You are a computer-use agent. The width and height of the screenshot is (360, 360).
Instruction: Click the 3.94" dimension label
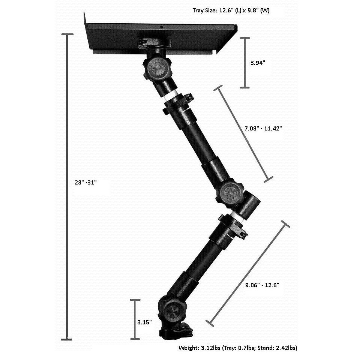coord(258,63)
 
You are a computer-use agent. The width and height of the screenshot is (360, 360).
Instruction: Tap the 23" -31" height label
coord(85,182)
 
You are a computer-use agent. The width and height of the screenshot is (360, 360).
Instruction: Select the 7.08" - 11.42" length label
coord(263,128)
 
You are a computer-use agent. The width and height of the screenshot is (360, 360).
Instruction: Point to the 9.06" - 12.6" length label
coord(262,285)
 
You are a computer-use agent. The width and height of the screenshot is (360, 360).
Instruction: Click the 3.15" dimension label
coord(145,322)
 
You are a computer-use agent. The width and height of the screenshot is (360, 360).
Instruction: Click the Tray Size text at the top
coord(231,10)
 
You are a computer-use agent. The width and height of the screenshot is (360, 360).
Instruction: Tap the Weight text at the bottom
coord(238,348)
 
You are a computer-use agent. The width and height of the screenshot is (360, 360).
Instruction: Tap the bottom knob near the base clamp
coord(172,312)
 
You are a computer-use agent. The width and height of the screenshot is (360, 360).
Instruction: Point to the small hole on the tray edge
coord(161,27)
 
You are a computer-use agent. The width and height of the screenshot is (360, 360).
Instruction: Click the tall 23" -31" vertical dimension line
coord(67,187)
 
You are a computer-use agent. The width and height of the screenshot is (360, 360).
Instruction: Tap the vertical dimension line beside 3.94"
coord(245,63)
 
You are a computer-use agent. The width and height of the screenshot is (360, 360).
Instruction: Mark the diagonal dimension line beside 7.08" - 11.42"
coord(243,134)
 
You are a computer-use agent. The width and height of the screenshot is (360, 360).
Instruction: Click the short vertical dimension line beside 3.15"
coord(135,319)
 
